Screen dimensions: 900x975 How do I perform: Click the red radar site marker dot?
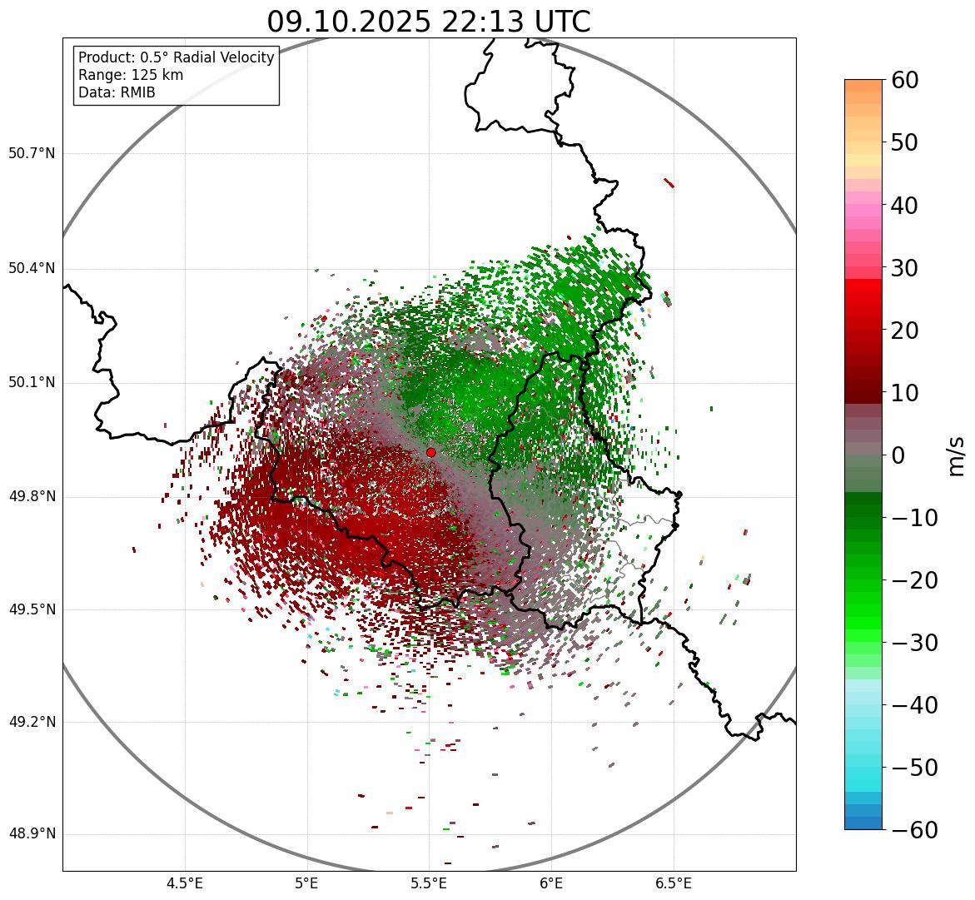(430, 452)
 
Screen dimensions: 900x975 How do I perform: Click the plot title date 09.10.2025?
(349, 22)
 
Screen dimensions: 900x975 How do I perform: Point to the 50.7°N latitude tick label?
(32, 154)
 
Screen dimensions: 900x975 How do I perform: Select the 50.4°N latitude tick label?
(32, 269)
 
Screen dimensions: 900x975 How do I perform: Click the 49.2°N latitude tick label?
(32, 722)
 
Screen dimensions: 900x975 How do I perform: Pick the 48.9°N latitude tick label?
(32, 834)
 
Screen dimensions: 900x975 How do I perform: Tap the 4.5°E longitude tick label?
(185, 883)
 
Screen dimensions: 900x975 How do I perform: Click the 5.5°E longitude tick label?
(429, 883)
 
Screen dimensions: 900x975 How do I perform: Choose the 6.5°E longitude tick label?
(673, 883)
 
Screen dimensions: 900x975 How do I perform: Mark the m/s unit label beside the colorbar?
(956, 455)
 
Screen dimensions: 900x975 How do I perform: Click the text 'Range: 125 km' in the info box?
(131, 75)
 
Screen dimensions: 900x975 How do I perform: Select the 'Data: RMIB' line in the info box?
(117, 92)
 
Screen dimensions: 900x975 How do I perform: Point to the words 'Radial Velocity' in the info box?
(222, 57)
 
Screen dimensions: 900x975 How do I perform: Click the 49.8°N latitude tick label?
(32, 497)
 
